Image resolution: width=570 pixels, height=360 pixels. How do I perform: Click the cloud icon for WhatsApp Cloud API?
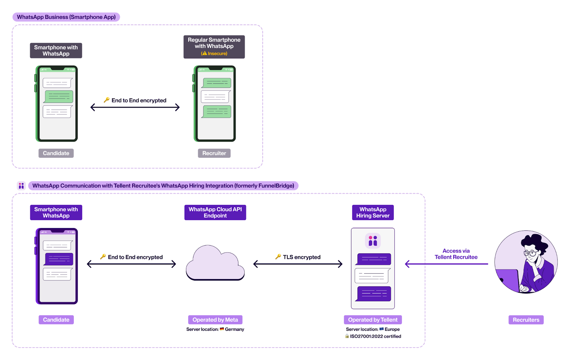click(215, 264)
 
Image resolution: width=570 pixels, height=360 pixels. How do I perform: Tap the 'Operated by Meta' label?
click(215, 320)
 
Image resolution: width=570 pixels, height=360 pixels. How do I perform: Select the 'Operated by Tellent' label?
click(373, 320)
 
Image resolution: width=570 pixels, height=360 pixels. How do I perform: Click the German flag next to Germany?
click(222, 329)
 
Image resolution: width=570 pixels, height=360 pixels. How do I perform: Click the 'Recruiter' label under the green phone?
click(214, 153)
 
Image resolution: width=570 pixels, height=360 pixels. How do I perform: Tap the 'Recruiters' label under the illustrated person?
click(526, 320)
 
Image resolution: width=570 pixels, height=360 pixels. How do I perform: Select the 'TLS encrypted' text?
click(301, 257)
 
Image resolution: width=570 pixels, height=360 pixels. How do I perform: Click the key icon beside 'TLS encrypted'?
click(278, 257)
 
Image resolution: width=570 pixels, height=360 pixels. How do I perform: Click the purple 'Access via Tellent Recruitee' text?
click(456, 254)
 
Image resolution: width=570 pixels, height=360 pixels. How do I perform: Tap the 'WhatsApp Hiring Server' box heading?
click(373, 212)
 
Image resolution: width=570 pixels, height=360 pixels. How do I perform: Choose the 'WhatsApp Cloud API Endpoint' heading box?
click(215, 212)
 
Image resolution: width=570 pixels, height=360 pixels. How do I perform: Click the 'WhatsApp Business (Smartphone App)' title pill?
click(66, 17)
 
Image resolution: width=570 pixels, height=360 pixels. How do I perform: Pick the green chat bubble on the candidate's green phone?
click(59, 97)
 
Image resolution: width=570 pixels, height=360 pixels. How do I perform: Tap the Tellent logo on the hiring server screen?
click(373, 241)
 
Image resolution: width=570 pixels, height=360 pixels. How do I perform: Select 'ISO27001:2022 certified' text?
click(375, 336)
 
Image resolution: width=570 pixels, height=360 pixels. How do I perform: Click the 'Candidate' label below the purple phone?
click(56, 320)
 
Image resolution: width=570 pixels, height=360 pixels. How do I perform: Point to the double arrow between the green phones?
click(135, 107)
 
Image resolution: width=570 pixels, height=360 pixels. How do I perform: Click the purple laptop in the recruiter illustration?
click(509, 280)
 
